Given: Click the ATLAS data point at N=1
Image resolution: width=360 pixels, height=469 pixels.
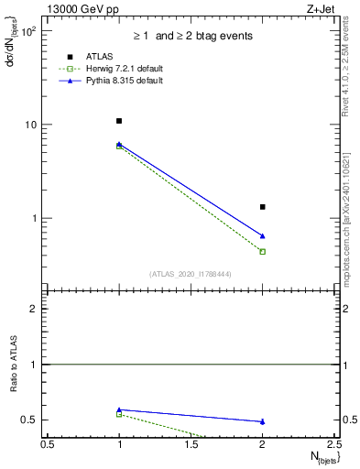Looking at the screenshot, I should pyautogui.click(x=119, y=121).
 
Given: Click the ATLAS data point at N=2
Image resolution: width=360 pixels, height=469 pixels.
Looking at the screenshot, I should pyautogui.click(x=263, y=207).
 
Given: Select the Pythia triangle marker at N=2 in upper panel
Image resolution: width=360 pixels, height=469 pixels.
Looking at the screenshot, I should pyautogui.click(x=263, y=236).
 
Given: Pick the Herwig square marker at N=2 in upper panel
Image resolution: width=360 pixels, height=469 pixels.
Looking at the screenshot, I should pyautogui.click(x=263, y=251).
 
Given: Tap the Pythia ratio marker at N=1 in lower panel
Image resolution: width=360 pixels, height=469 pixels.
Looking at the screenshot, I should pyautogui.click(x=119, y=409).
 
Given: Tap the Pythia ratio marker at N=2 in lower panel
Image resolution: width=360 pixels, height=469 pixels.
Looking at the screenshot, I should pyautogui.click(x=263, y=421).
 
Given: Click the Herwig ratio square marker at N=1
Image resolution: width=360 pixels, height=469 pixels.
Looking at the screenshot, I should pyautogui.click(x=119, y=414).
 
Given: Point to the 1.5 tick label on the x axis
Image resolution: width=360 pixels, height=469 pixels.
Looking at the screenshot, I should pyautogui.click(x=191, y=444).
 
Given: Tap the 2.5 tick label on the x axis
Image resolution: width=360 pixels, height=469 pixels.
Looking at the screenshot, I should pyautogui.click(x=334, y=444).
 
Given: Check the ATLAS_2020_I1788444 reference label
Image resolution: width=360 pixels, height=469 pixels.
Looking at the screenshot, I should pyautogui.click(x=191, y=273).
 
